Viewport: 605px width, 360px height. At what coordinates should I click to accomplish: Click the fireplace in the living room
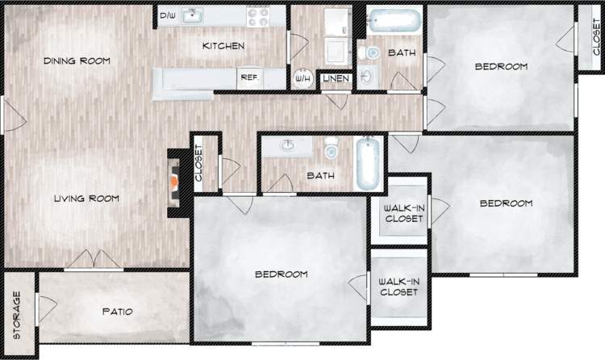(x=173, y=184)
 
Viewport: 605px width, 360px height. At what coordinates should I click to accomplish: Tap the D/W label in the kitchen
(x=168, y=16)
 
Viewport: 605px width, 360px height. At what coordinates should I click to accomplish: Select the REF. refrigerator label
(x=247, y=78)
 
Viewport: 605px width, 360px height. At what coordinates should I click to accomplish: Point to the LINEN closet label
(x=336, y=79)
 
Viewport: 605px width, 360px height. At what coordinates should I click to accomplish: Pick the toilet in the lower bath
(x=331, y=150)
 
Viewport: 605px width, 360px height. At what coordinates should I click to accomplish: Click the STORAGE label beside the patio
(x=17, y=315)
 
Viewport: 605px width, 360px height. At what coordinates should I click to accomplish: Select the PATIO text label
(x=117, y=312)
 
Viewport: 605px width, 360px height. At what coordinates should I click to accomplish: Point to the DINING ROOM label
(x=77, y=61)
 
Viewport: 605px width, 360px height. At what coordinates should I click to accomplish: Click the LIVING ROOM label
(x=86, y=199)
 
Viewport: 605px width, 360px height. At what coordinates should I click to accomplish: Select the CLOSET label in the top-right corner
(x=596, y=37)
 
